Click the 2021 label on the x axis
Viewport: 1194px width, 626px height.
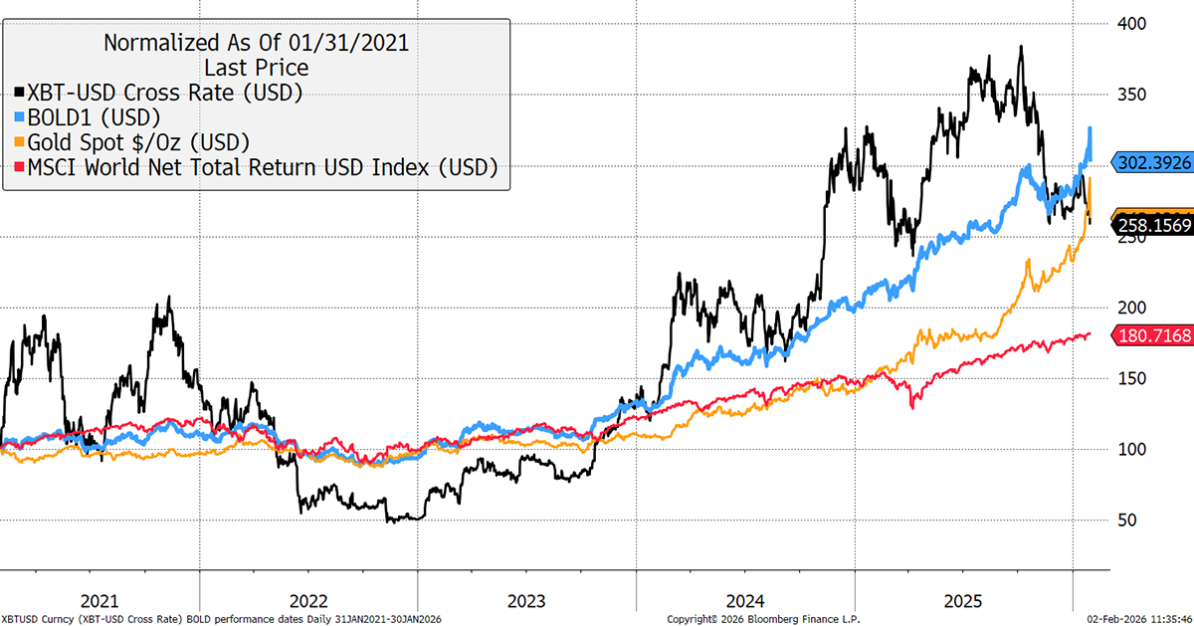(x=99, y=601)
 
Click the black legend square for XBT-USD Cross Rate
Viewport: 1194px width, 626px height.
(x=20, y=93)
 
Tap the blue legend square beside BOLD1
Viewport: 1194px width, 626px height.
(x=20, y=116)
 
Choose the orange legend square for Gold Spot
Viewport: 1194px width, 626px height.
(x=20, y=141)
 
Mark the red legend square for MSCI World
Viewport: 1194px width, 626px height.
(x=20, y=166)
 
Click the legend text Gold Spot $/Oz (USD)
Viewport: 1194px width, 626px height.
(x=138, y=141)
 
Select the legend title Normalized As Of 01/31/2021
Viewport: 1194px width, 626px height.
(x=257, y=43)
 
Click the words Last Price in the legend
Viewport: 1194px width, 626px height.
(x=256, y=68)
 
